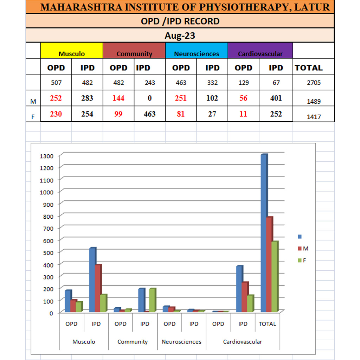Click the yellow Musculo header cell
tap(72, 51)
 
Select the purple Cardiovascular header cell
tap(260, 51)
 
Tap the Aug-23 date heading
tap(180, 36)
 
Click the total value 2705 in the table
tap(313, 83)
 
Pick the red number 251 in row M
tap(181, 98)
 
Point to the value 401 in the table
tap(276, 98)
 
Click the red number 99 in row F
tap(118, 114)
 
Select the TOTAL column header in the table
tap(309, 68)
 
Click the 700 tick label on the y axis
tap(48, 228)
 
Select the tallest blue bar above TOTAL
tap(264, 232)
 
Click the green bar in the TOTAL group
tap(275, 276)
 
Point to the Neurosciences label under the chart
tap(181, 342)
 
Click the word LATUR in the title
tap(315, 7)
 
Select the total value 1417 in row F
tap(314, 117)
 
